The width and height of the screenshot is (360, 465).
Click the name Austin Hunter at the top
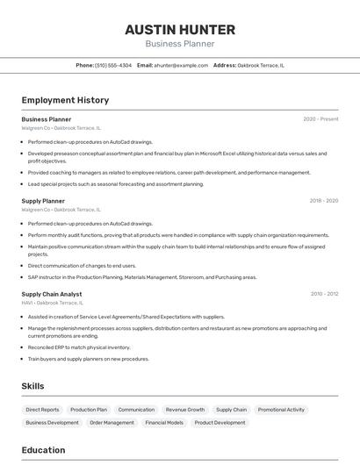click(179, 29)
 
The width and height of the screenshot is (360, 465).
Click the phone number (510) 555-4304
click(113, 65)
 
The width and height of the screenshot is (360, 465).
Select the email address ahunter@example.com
click(181, 65)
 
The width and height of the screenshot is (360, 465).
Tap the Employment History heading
click(65, 100)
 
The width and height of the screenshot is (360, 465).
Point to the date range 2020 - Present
click(320, 119)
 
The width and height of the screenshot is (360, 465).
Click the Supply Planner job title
click(43, 201)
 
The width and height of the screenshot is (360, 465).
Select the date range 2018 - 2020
click(323, 201)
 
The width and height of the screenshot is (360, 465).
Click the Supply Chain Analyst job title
click(52, 294)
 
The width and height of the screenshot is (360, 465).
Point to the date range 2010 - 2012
click(323, 294)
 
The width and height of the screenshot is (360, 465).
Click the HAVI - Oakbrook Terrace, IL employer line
click(57, 303)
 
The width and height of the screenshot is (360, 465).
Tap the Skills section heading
click(32, 386)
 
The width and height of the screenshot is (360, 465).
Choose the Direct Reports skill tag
click(42, 410)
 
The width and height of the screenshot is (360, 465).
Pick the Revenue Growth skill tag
click(184, 410)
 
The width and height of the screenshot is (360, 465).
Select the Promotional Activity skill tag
click(281, 410)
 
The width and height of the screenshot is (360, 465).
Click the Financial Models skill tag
click(164, 423)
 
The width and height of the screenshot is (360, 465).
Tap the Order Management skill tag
click(112, 423)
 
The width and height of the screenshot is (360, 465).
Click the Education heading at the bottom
click(43, 450)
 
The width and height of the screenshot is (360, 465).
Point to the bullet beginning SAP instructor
click(140, 277)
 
